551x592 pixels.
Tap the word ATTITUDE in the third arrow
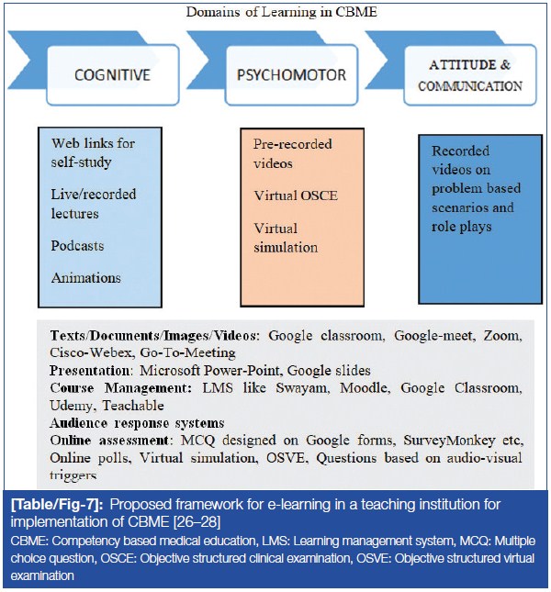coord(457,66)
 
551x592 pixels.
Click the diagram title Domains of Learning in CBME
coord(275,12)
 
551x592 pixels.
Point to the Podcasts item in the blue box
coord(78,246)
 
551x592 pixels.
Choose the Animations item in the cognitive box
coord(86,278)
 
